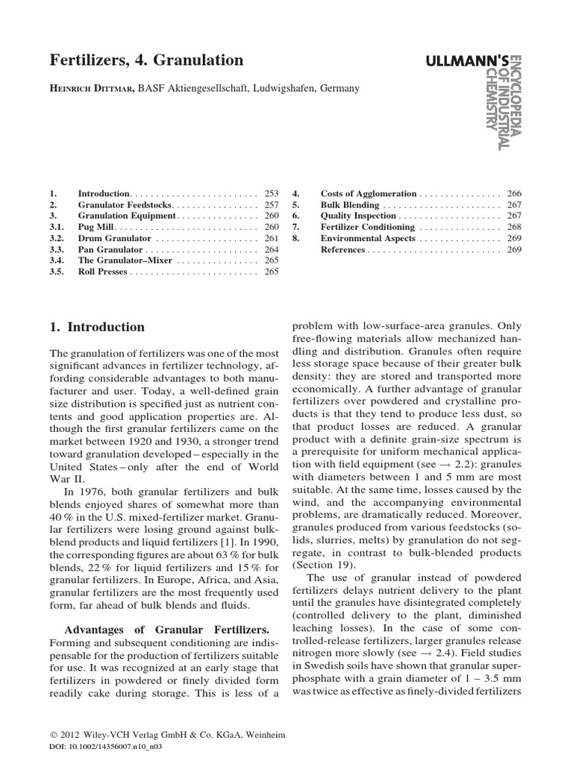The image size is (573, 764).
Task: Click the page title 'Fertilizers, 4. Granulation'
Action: pyautogui.click(x=146, y=59)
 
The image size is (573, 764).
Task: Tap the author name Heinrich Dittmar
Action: pyautogui.click(x=93, y=88)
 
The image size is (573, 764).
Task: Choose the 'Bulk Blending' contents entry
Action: pyautogui.click(x=353, y=204)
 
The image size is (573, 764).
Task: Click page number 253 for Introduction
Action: pyautogui.click(x=271, y=193)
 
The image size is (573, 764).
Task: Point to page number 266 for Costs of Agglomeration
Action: pyautogui.click(x=513, y=193)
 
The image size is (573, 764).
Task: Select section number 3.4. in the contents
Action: pyautogui.click(x=58, y=260)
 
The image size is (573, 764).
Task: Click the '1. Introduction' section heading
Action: pyautogui.click(x=97, y=327)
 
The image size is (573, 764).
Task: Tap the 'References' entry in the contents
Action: pyautogui.click(x=342, y=249)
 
